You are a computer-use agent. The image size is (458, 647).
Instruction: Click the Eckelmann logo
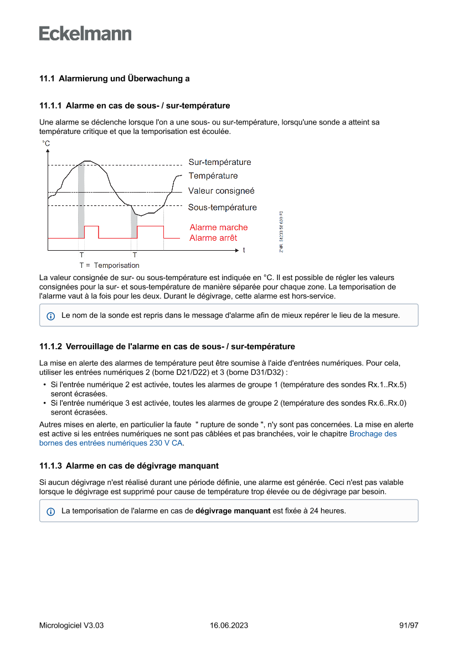85,33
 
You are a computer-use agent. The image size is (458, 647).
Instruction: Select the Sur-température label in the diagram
219,162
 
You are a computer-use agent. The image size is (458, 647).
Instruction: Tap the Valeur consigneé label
221,191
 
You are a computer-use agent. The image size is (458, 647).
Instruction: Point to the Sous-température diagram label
222,208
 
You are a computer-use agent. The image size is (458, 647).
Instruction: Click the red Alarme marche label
218,227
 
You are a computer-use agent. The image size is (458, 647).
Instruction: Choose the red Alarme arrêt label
213,238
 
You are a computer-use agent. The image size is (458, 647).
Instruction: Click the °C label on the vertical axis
46,144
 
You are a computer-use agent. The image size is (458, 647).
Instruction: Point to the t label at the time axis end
244,250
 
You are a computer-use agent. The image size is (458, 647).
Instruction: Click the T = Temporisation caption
109,266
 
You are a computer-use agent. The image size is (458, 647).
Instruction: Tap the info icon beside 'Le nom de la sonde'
51,316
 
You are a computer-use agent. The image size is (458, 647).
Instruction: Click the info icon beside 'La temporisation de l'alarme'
51,511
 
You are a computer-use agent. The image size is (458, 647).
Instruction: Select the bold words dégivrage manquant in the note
233,511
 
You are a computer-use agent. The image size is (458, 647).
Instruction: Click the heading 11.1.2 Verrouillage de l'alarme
167,346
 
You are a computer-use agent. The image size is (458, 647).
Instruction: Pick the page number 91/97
409,625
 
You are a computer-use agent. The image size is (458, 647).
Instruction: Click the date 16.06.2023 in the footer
229,625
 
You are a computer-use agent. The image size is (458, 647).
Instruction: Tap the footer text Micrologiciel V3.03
71,625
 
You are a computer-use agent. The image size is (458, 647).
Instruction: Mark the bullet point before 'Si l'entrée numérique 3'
44,402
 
